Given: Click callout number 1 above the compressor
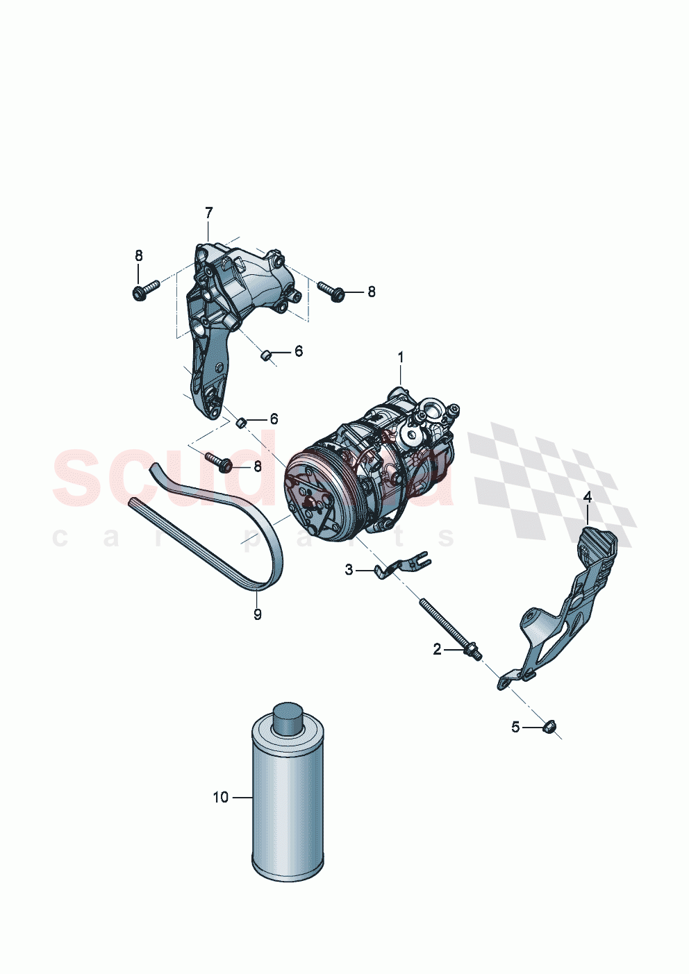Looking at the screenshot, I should (400, 358).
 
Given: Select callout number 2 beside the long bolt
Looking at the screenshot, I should (437, 650).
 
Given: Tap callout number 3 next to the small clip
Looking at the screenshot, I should (349, 570).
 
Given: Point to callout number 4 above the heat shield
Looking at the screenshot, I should (588, 497).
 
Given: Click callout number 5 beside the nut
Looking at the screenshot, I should (515, 727).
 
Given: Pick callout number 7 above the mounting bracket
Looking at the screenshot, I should (208, 212).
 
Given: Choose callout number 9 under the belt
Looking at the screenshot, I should (258, 614).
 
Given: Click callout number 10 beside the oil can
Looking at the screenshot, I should (220, 798).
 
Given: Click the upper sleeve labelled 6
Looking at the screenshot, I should (265, 355).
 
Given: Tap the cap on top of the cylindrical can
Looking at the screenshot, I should (287, 717).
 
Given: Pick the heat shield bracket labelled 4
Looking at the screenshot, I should (570, 611).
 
